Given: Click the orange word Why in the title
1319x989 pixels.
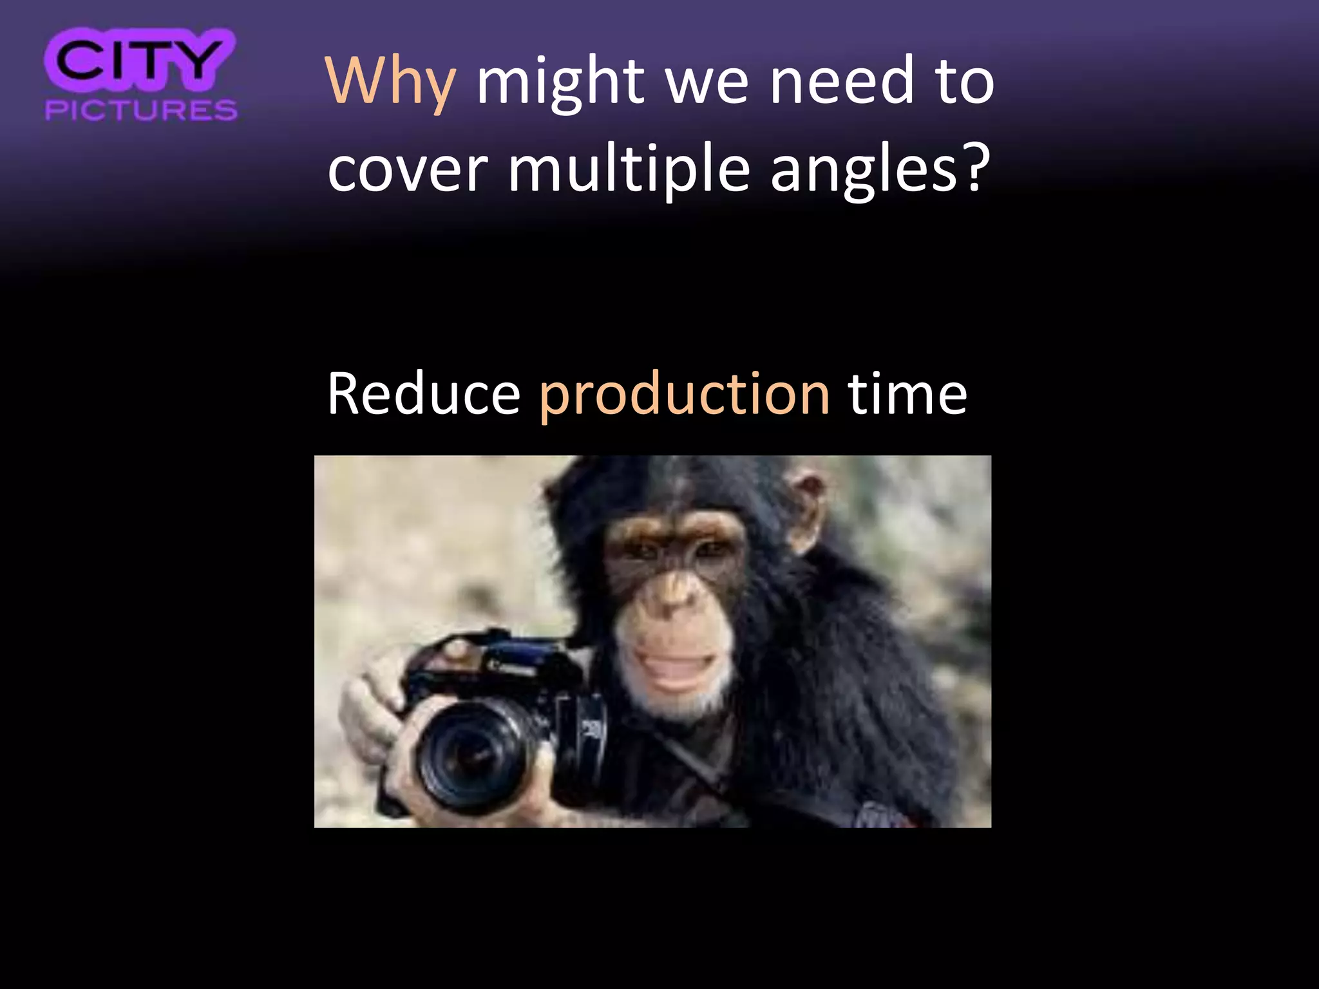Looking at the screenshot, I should click(x=391, y=82).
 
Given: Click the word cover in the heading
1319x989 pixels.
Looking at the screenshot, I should click(x=407, y=170).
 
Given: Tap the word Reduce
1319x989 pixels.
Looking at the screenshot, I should click(x=423, y=394).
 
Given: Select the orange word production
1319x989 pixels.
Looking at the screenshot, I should click(x=684, y=395).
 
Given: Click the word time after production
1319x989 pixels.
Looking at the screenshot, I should click(x=907, y=394).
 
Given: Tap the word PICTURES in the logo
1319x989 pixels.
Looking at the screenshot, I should click(x=141, y=110).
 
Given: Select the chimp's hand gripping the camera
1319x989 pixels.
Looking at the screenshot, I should click(x=370, y=708).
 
